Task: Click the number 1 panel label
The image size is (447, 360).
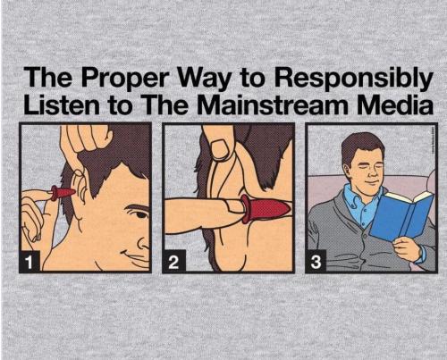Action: (29, 262)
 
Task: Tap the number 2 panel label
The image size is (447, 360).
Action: (173, 262)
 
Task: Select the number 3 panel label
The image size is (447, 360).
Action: (316, 262)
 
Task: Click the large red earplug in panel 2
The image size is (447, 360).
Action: (266, 208)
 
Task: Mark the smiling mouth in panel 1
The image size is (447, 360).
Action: (135, 257)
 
